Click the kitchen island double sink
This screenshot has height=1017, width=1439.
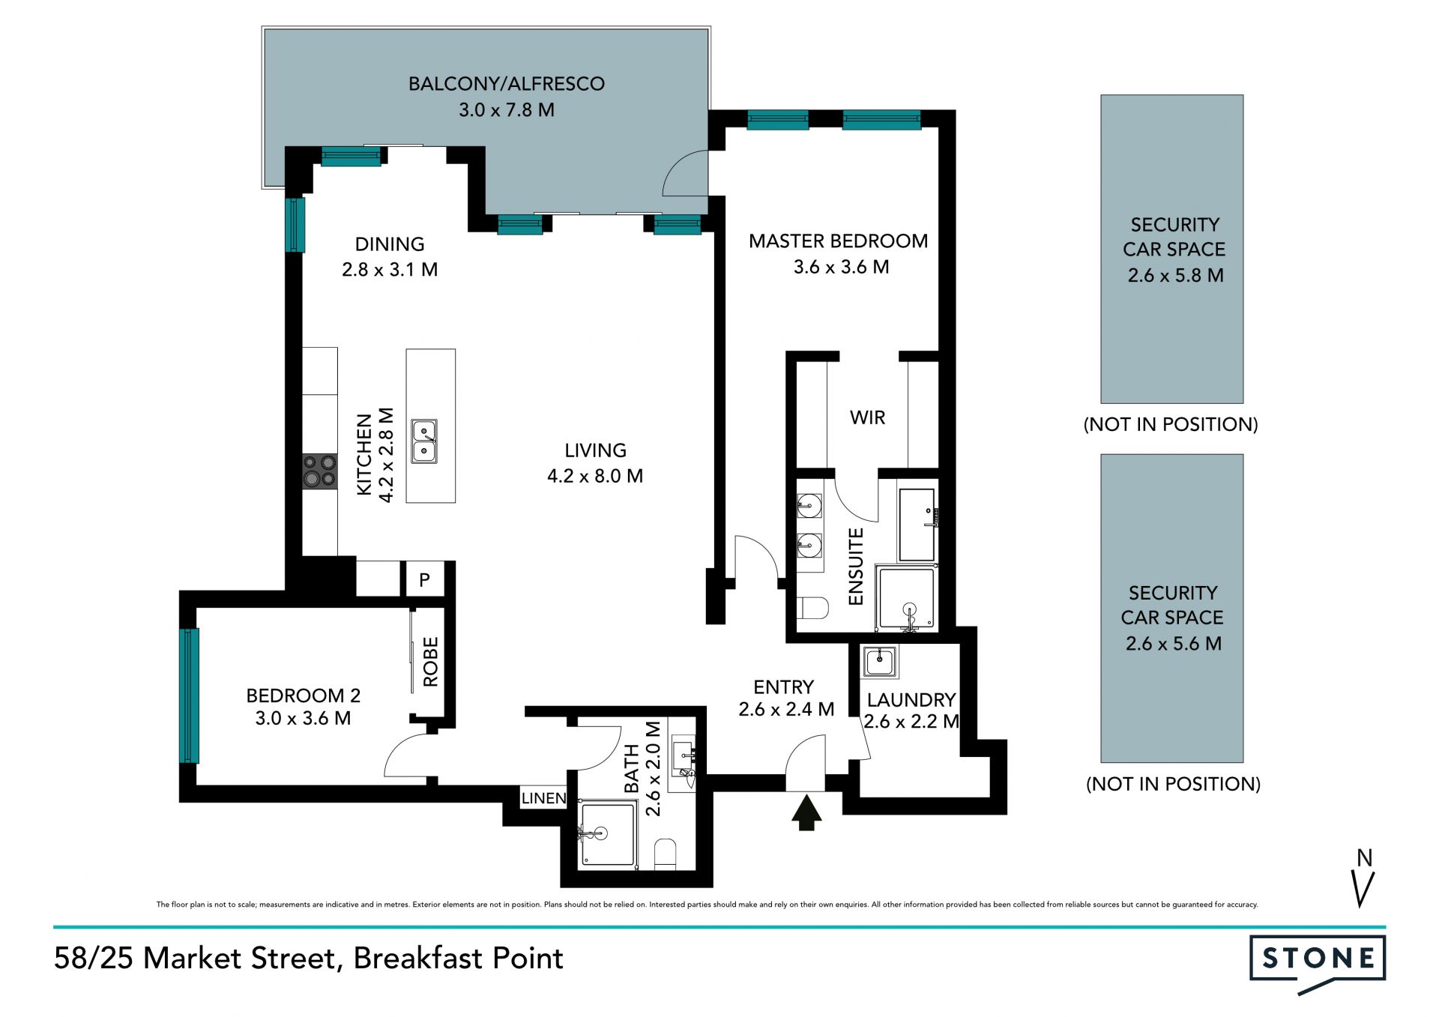[x=424, y=441]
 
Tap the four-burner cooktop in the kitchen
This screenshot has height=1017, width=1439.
[x=319, y=471]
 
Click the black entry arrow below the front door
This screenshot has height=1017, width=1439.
[x=806, y=813]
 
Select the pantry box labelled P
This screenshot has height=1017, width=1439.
[x=425, y=579]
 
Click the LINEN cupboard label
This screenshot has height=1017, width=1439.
[x=543, y=798]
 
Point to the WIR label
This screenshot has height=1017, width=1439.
[x=867, y=417]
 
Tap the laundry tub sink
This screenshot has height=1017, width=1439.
[x=878, y=662]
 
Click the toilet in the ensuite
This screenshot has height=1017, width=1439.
[x=812, y=607]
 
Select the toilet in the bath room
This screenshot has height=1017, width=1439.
[x=665, y=854]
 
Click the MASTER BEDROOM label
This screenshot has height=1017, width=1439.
[x=838, y=241]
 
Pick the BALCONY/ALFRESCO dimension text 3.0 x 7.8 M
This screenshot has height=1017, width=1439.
[x=507, y=110]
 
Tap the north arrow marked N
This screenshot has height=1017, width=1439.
[x=1365, y=878]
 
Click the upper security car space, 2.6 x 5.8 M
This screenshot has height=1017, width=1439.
[x=1172, y=249]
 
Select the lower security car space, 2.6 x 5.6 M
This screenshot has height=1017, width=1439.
[x=1172, y=608]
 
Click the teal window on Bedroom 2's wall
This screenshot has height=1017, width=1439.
[x=190, y=695]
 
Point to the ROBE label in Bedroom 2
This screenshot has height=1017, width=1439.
[x=430, y=662]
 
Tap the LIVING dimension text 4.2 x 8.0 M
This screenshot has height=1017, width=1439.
[x=595, y=476]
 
